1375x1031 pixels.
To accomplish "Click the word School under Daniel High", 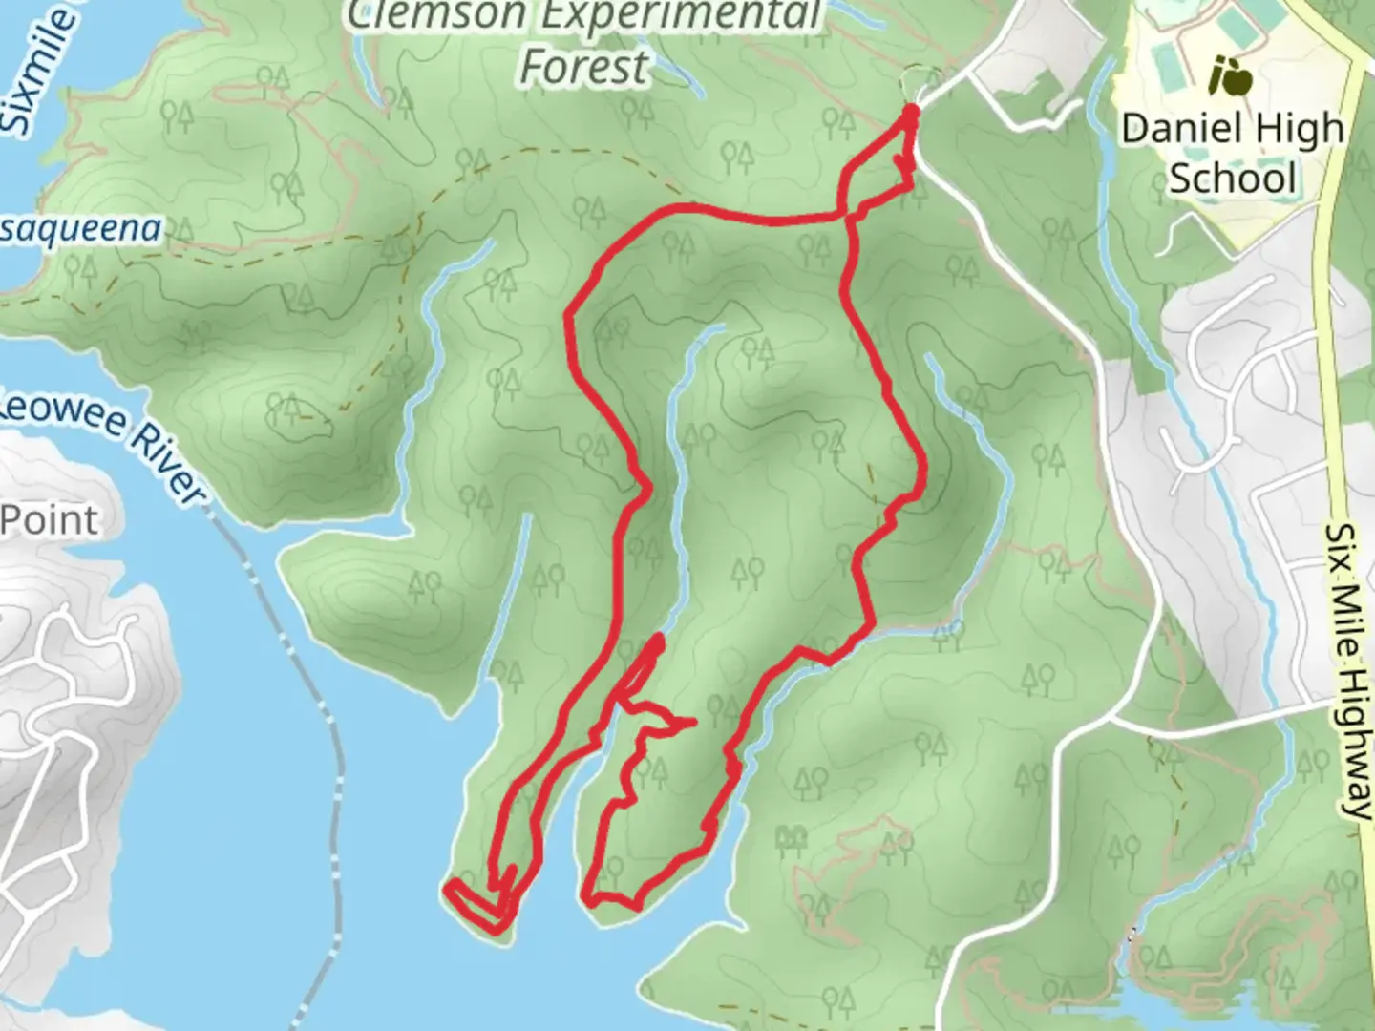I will coord(1233,179).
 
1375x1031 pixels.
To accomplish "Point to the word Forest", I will coord(583,67).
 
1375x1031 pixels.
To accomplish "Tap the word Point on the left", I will coord(50,521).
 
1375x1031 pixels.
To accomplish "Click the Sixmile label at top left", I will coord(34,72).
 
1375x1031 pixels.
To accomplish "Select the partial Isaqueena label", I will coord(80,231).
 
